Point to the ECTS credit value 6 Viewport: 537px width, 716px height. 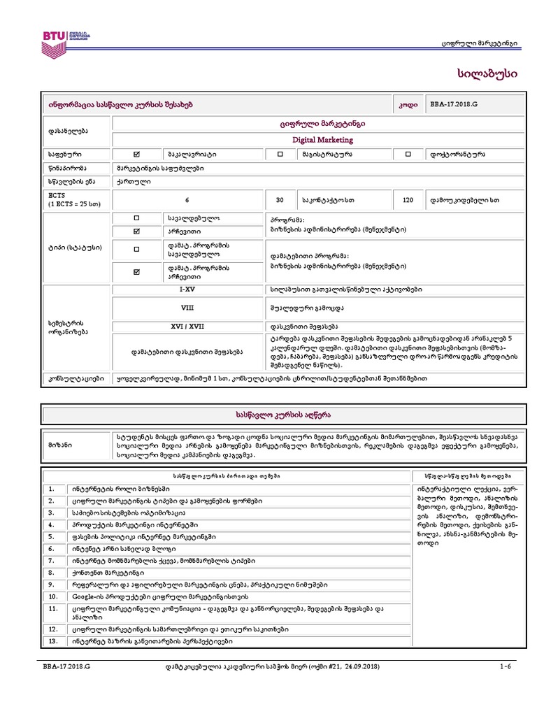coord(187,200)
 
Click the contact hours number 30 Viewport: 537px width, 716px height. coord(280,200)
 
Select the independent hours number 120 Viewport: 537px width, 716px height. coord(408,200)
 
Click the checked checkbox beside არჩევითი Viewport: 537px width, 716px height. coord(136,231)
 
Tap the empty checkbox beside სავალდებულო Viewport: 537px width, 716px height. coord(136,217)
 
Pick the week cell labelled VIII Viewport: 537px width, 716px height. coord(187,306)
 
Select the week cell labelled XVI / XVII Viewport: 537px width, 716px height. coord(187,326)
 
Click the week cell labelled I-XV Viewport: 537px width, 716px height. coord(187,288)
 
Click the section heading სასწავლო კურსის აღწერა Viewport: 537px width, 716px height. coord(268,415)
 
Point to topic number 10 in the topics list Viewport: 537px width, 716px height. coord(53,596)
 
